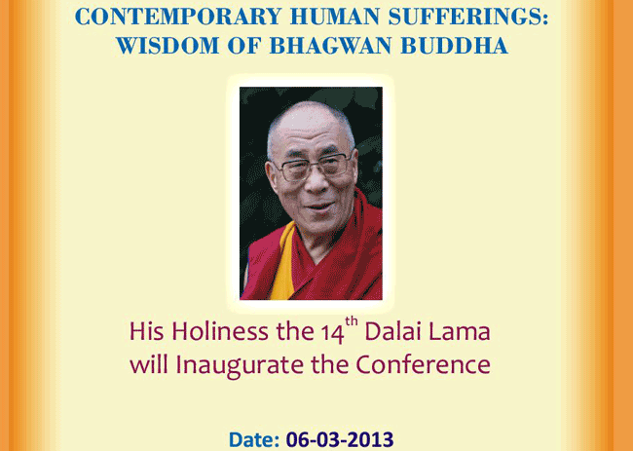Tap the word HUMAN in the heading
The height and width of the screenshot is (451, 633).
[x=334, y=18]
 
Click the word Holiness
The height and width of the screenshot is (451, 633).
[x=220, y=331]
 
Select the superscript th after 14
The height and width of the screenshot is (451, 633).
[x=352, y=322]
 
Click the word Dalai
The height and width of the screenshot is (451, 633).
[x=393, y=331]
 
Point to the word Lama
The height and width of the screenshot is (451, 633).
[x=460, y=332]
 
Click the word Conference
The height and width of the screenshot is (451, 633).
[x=423, y=364]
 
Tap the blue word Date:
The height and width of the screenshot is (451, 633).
[x=254, y=439]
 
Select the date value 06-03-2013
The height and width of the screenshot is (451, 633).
[x=340, y=439]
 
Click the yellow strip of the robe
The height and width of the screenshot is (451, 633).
[x=283, y=262]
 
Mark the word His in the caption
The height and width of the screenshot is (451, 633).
[x=146, y=331]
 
